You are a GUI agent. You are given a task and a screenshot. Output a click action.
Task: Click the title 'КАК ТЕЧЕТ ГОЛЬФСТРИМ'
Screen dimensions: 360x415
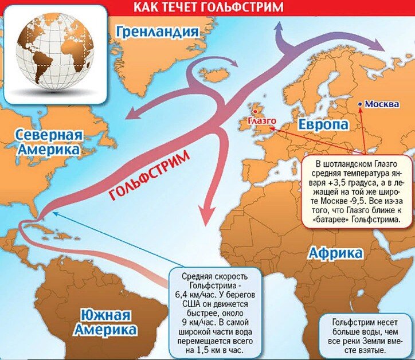point(207,8)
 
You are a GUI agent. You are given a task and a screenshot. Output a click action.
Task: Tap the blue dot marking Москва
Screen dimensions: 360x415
point(359,104)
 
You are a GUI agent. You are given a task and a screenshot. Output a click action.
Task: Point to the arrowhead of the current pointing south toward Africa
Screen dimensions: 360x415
point(207,218)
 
